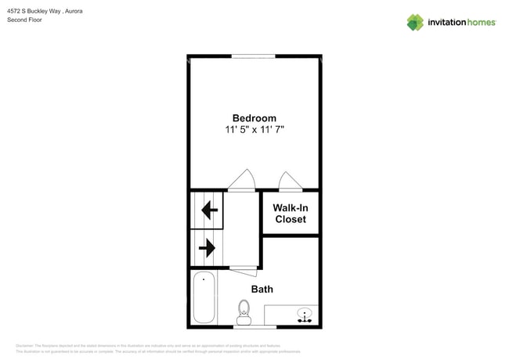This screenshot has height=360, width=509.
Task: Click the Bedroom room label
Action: point(254,118)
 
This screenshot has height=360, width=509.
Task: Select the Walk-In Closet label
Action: point(290,214)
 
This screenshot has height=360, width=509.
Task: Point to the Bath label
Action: point(262,290)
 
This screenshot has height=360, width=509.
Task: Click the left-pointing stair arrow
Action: point(209,211)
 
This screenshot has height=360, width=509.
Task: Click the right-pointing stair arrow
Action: point(207,249)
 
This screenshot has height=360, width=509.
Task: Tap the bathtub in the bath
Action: point(204,298)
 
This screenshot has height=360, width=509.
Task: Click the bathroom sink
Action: point(304,315)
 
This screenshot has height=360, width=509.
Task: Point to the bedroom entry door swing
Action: point(242,181)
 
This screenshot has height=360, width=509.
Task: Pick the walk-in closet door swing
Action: point(290,182)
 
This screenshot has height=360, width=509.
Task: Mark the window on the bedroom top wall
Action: point(253,56)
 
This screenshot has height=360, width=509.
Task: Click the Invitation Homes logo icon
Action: point(415,22)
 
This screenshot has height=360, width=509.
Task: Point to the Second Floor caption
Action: point(24,20)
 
